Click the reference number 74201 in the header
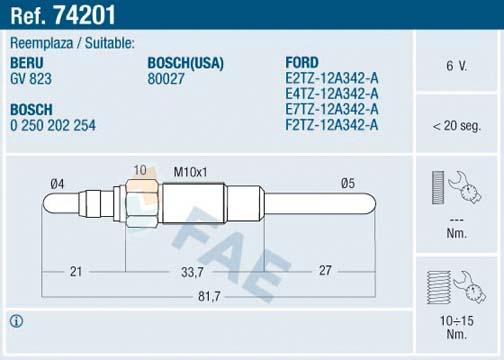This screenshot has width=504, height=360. (x=84, y=15)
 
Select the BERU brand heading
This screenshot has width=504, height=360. (x=27, y=63)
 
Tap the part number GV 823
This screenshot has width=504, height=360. (x=31, y=79)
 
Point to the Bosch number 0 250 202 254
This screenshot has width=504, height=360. (x=53, y=125)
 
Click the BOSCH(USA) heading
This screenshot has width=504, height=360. (x=185, y=63)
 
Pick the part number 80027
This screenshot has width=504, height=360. (x=166, y=79)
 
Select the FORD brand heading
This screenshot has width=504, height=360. (x=302, y=63)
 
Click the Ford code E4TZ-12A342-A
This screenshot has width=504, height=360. (x=332, y=94)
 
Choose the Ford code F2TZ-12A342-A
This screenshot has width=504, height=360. (x=332, y=125)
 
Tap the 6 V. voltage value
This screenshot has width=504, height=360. (x=456, y=66)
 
